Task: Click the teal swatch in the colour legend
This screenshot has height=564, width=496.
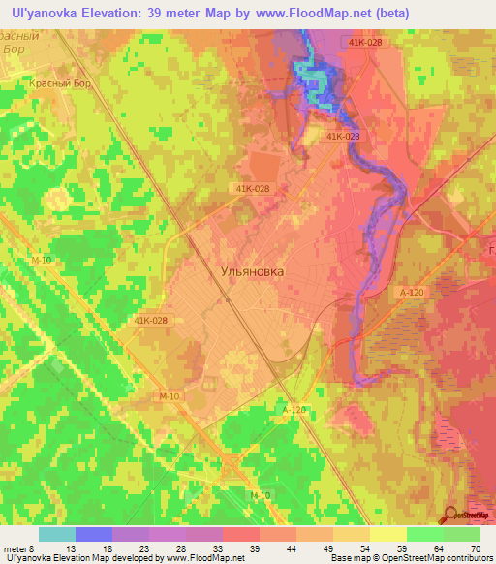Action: click(57, 533)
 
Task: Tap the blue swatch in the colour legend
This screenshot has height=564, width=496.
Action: click(94, 533)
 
